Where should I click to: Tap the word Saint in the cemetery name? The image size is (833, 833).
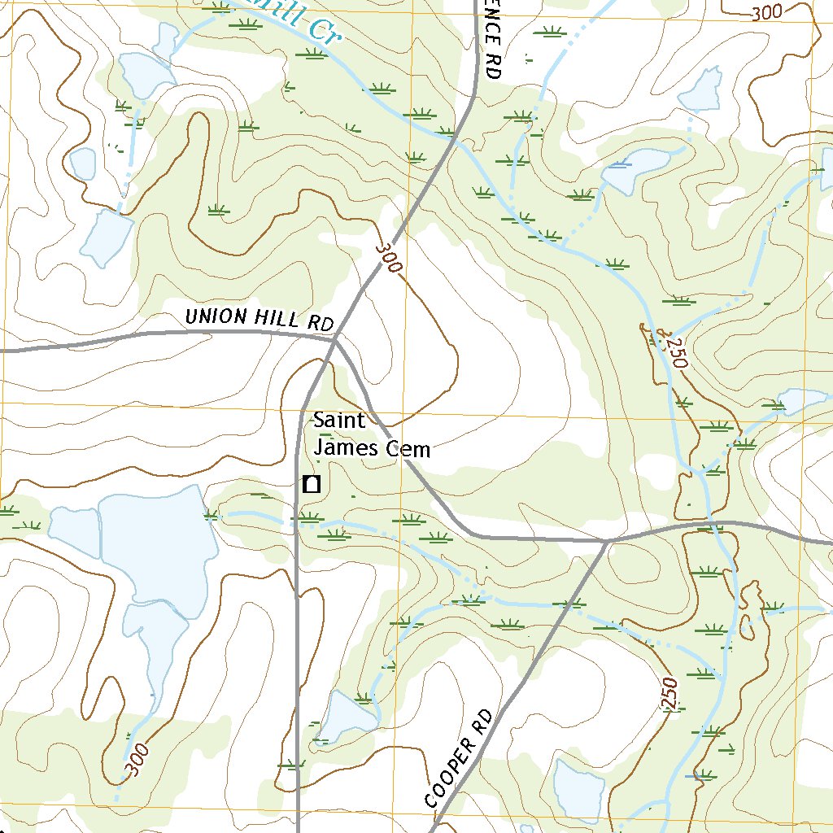tap(340, 421)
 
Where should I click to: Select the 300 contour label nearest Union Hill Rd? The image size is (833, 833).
tap(390, 258)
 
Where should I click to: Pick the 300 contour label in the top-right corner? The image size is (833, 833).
tap(767, 13)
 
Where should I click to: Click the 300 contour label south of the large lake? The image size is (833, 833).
tap(137, 758)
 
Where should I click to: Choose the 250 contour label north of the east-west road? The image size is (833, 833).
tap(674, 351)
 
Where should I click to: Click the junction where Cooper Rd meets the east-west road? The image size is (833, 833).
tap(607, 540)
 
